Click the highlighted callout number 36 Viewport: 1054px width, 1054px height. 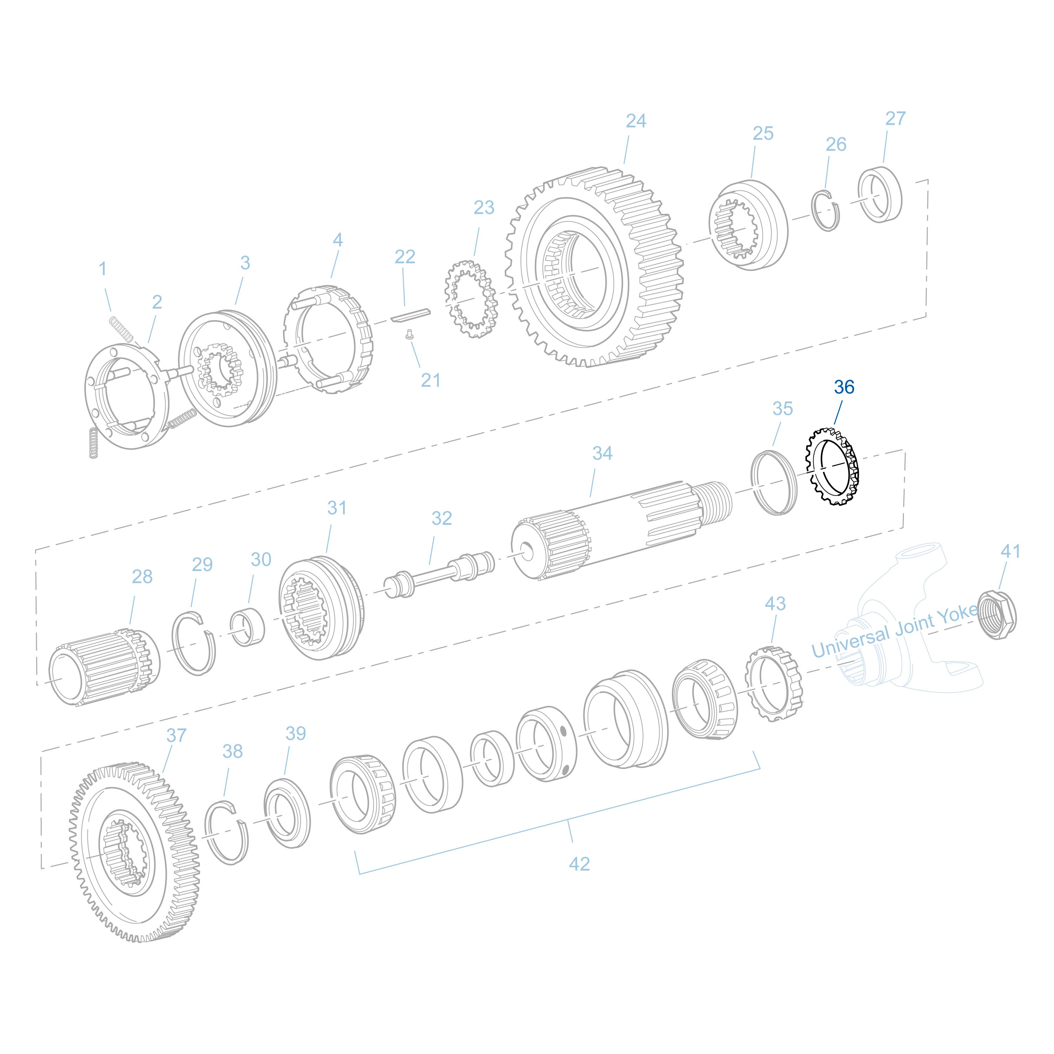click(x=844, y=387)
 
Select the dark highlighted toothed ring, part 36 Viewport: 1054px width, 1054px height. click(x=831, y=467)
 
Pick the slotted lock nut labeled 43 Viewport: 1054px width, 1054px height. click(x=774, y=684)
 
